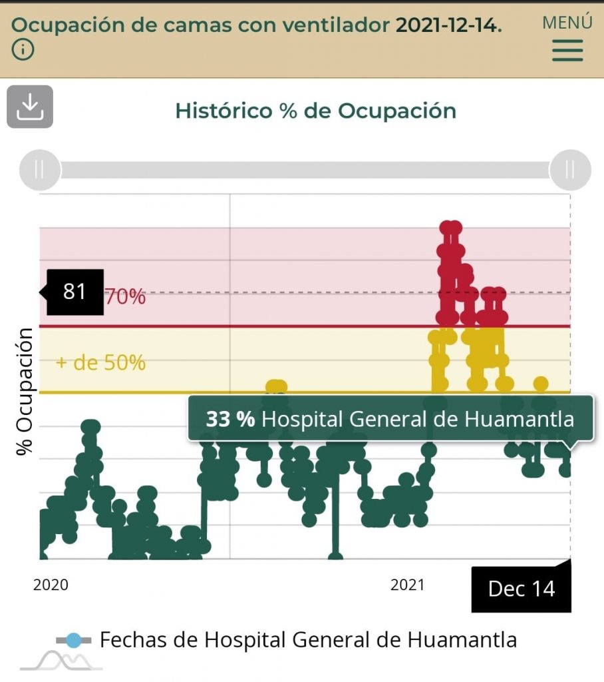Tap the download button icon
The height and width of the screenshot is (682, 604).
pyautogui.click(x=30, y=107)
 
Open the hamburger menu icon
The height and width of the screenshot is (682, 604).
pyautogui.click(x=567, y=51)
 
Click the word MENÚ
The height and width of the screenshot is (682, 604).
pyautogui.click(x=567, y=22)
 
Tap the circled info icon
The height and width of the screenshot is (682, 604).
pyautogui.click(x=23, y=50)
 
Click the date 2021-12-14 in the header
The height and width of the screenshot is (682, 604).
pyautogui.click(x=448, y=25)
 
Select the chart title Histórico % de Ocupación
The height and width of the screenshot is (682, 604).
pyautogui.click(x=315, y=111)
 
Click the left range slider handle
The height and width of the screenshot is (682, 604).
pyautogui.click(x=39, y=170)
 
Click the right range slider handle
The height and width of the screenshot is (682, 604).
pyautogui.click(x=570, y=170)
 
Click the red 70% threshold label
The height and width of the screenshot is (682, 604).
pyautogui.click(x=125, y=297)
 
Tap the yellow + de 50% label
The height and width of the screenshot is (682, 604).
pyautogui.click(x=100, y=363)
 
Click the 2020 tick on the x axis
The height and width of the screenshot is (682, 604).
pyautogui.click(x=51, y=585)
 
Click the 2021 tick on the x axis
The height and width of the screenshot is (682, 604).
pyautogui.click(x=407, y=585)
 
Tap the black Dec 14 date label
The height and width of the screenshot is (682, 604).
pyautogui.click(x=521, y=589)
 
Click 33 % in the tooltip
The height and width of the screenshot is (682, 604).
pyautogui.click(x=229, y=419)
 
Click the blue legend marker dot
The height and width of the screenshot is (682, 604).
pyautogui.click(x=74, y=641)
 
